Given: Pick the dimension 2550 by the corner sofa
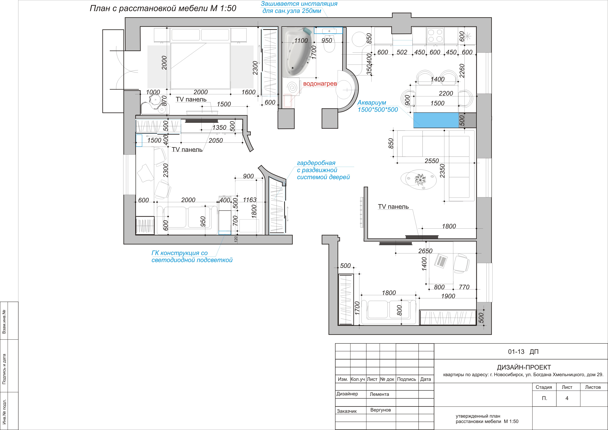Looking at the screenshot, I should tap(432, 161).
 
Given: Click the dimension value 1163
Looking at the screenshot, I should tap(250, 200).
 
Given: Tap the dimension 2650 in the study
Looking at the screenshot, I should tap(425, 251).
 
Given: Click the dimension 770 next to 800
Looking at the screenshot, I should tap(464, 287).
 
